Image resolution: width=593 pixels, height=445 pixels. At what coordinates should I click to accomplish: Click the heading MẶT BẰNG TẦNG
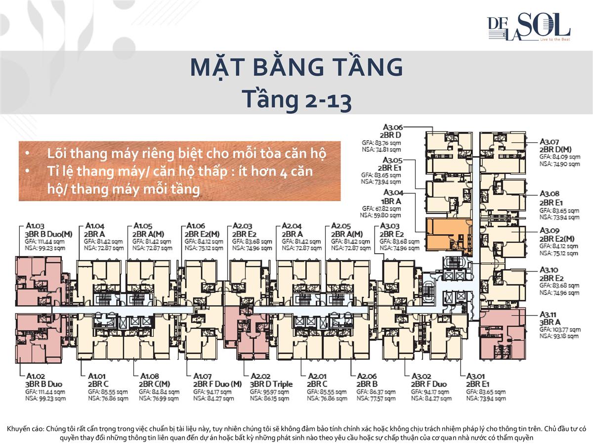pyautogui.click(x=296, y=68)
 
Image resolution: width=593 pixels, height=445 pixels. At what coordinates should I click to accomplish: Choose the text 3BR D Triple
pyautogui.click(x=271, y=384)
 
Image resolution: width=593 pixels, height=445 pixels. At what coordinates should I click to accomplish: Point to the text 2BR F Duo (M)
pyautogui.click(x=217, y=384)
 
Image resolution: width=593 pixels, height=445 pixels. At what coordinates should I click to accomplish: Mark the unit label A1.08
pyautogui.click(x=150, y=376)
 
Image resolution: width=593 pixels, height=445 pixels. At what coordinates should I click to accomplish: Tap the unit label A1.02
pyautogui.click(x=36, y=376)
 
